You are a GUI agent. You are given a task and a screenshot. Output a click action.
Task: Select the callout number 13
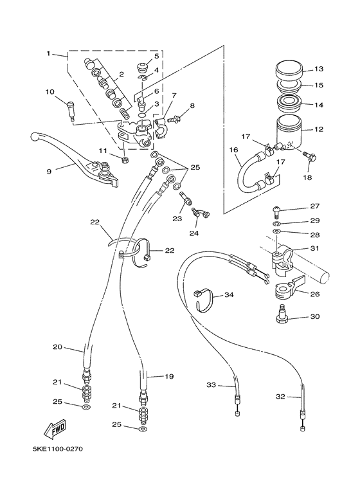(x=319, y=69)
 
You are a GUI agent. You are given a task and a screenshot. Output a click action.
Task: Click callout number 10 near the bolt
(x=50, y=92)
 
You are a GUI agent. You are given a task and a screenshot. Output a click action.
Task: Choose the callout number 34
(x=230, y=295)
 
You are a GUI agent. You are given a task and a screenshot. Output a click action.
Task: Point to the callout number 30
(x=315, y=316)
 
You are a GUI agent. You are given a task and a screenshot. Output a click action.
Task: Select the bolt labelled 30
(x=280, y=314)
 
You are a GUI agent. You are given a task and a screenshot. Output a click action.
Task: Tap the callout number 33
(x=211, y=385)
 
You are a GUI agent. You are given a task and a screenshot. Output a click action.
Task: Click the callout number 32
(x=281, y=397)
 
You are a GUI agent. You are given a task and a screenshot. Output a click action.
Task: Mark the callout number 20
(x=57, y=348)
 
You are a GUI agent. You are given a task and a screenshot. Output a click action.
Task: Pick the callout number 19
(x=170, y=376)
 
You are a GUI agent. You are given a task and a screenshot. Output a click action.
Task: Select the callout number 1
(x=48, y=53)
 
